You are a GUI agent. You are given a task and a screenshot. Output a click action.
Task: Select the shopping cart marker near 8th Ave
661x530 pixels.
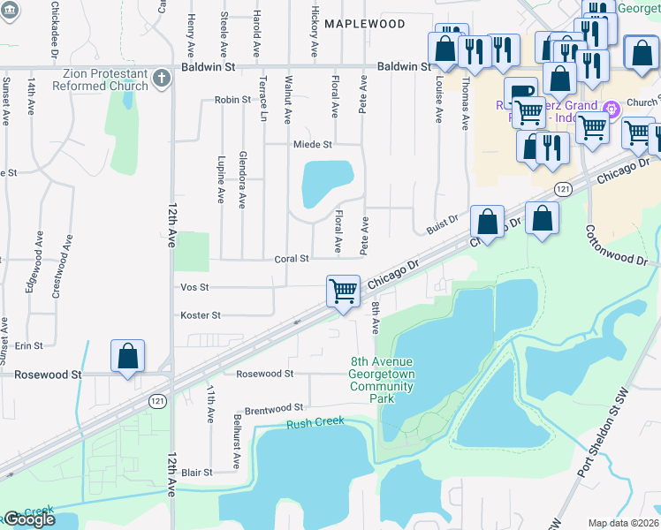[342, 290]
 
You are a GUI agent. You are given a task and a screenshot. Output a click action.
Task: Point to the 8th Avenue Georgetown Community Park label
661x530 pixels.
[384, 380]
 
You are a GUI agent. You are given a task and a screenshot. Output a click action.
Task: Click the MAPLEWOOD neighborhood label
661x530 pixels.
[364, 24]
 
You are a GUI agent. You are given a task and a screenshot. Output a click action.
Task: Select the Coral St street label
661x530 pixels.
[291, 259]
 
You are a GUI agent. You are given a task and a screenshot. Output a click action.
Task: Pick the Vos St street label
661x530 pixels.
[194, 287]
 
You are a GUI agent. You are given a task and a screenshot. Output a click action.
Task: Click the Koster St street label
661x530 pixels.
[200, 314]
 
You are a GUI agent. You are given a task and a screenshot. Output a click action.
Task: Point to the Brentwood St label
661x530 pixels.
[273, 408]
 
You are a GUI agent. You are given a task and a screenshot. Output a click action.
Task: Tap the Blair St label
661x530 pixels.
[196, 473]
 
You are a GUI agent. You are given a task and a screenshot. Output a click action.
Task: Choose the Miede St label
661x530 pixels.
[312, 144]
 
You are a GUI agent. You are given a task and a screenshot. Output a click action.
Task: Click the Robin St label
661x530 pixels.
[232, 100]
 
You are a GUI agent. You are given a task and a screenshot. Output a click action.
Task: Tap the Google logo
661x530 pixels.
[29, 519]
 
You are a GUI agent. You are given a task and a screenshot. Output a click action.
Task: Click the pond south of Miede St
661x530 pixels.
[326, 183]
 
